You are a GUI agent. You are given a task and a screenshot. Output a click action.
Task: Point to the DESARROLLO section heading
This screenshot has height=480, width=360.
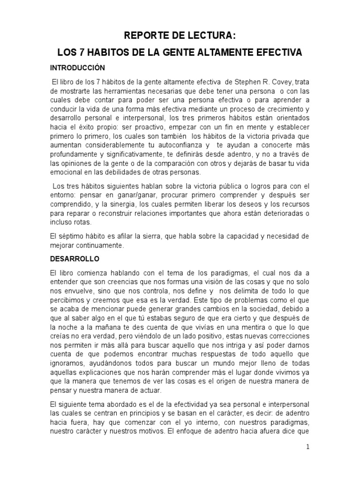click(x=74, y=258)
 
